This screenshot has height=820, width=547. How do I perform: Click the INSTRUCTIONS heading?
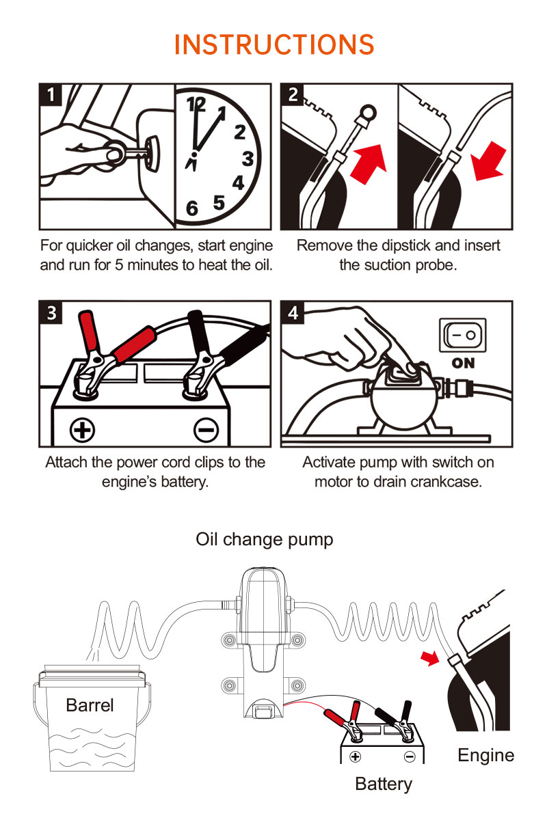pyautogui.click(x=274, y=45)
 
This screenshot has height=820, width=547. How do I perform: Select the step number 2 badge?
pyautogui.click(x=293, y=94)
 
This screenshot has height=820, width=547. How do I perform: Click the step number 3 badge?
pyautogui.click(x=52, y=312)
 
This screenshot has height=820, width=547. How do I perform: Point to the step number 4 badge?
pyautogui.click(x=293, y=312)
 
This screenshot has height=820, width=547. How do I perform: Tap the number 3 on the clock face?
pyautogui.click(x=248, y=159)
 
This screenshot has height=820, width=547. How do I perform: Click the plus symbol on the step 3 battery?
pyautogui.click(x=83, y=429)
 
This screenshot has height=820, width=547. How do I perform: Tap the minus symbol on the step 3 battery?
pyautogui.click(x=205, y=429)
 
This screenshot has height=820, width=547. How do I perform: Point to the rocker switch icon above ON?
pyautogui.click(x=464, y=336)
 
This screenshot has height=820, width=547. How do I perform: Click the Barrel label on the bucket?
pyautogui.click(x=90, y=705)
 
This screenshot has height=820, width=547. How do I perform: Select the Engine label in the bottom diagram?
pyautogui.click(x=485, y=755)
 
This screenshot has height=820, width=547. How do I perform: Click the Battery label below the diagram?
pyautogui.click(x=384, y=784)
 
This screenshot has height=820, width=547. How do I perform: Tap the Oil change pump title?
pyautogui.click(x=265, y=539)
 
